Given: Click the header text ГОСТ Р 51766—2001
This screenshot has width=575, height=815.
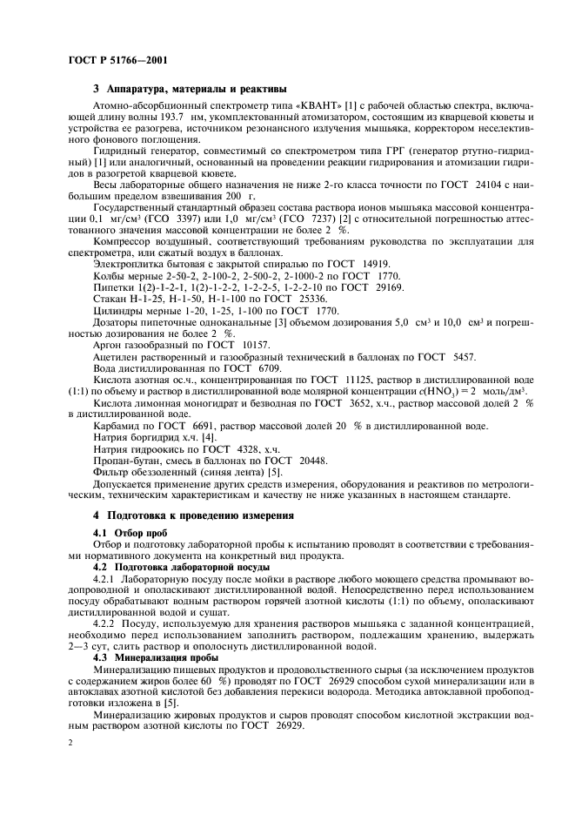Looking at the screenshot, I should (117, 60).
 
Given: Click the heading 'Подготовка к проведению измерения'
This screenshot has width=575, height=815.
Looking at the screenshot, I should (194, 515).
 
